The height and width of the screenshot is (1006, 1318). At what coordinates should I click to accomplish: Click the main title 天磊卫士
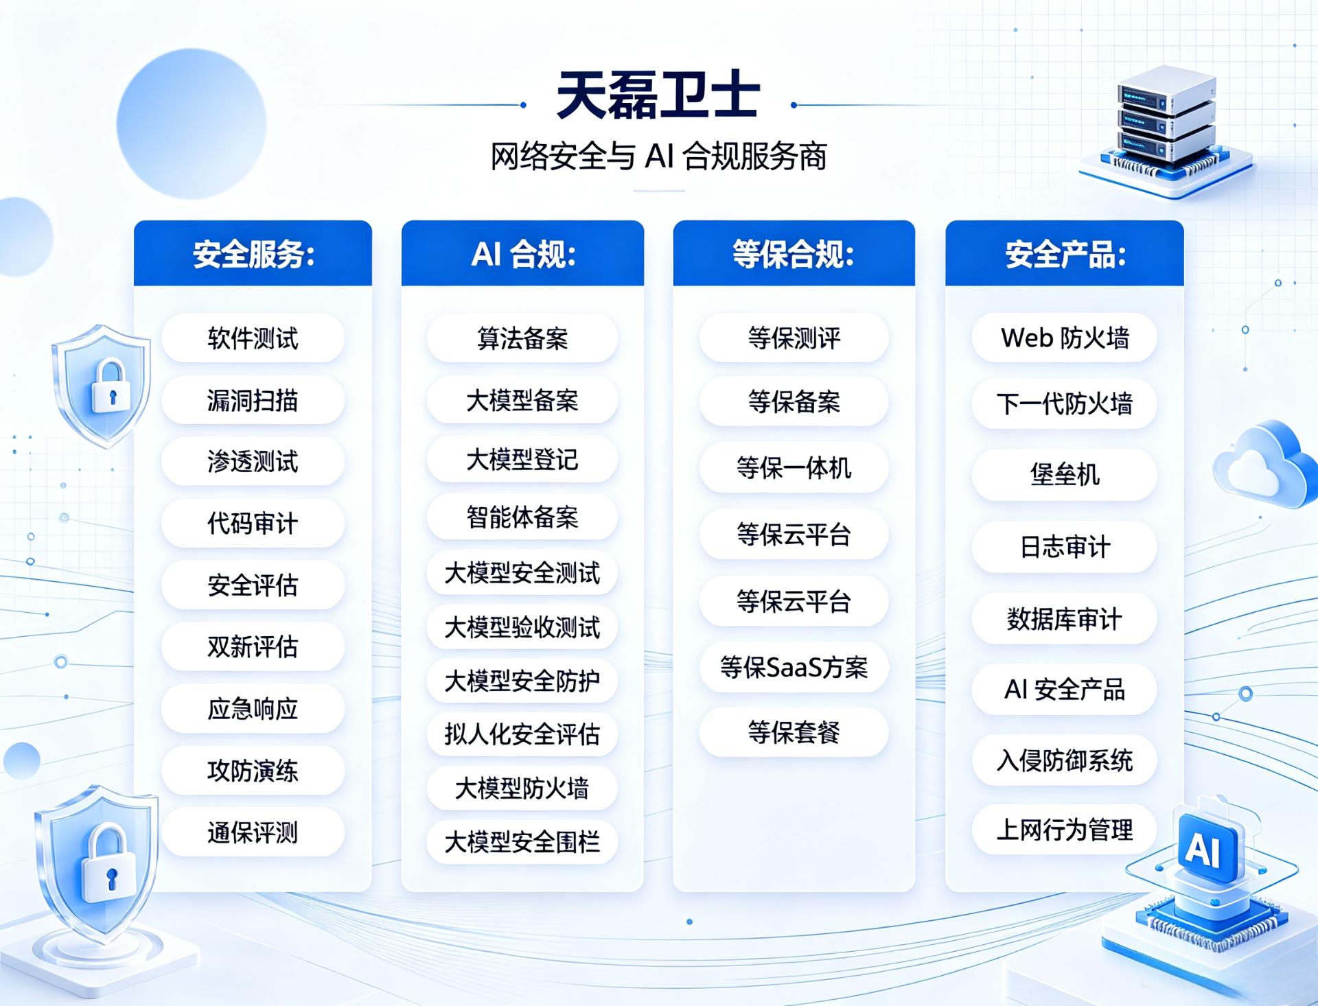(658, 95)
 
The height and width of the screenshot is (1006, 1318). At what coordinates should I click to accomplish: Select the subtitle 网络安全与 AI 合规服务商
(658, 156)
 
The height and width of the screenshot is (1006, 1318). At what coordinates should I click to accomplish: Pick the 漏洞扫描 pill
(253, 400)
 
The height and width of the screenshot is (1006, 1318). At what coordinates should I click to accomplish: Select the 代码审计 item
(253, 524)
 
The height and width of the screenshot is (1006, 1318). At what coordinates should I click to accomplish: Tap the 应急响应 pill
(253, 708)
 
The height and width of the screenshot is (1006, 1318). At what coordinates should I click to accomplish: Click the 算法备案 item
(522, 338)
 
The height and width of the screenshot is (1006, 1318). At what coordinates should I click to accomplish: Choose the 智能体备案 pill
(522, 517)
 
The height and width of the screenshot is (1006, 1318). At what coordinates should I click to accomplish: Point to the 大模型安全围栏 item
(522, 841)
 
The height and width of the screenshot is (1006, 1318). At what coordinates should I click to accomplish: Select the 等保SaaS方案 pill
(794, 667)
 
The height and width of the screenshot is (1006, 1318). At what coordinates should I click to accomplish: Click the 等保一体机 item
(794, 468)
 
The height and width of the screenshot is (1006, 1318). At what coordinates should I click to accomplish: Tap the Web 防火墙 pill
(1065, 338)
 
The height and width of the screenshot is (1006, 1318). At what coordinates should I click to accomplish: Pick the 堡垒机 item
(1065, 474)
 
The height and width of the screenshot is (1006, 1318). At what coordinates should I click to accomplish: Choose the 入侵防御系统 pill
(1065, 760)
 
